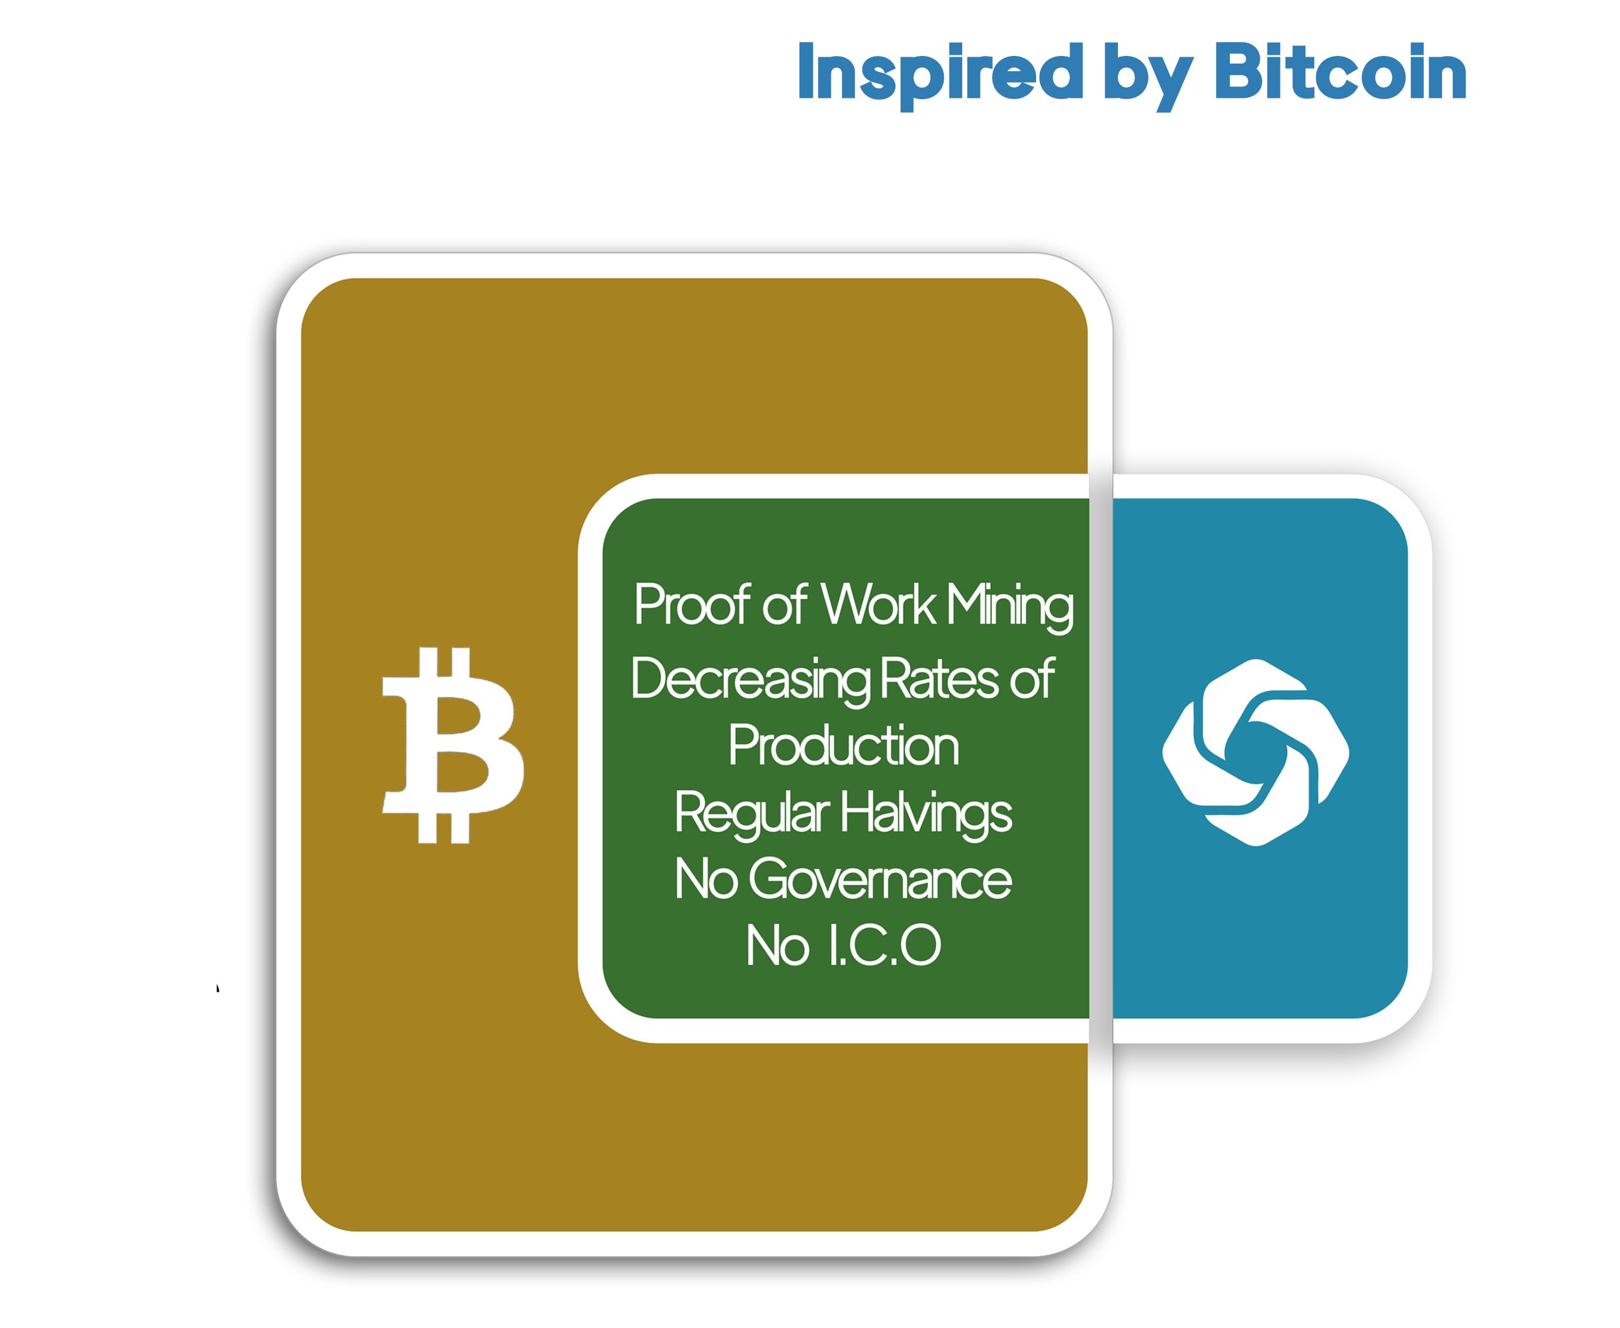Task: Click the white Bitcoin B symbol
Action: click(453, 745)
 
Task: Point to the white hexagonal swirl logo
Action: click(1255, 752)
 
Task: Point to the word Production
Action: click(843, 745)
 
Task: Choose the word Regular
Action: click(752, 814)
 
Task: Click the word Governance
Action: click(880, 879)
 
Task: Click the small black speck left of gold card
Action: click(218, 988)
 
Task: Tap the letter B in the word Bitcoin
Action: click(1241, 71)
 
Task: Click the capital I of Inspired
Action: click(805, 71)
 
